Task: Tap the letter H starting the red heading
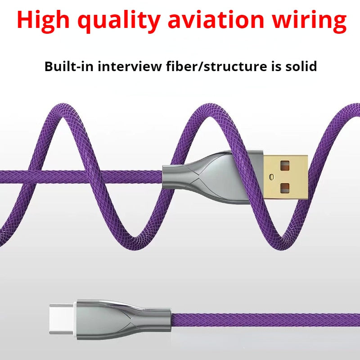click(26, 20)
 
